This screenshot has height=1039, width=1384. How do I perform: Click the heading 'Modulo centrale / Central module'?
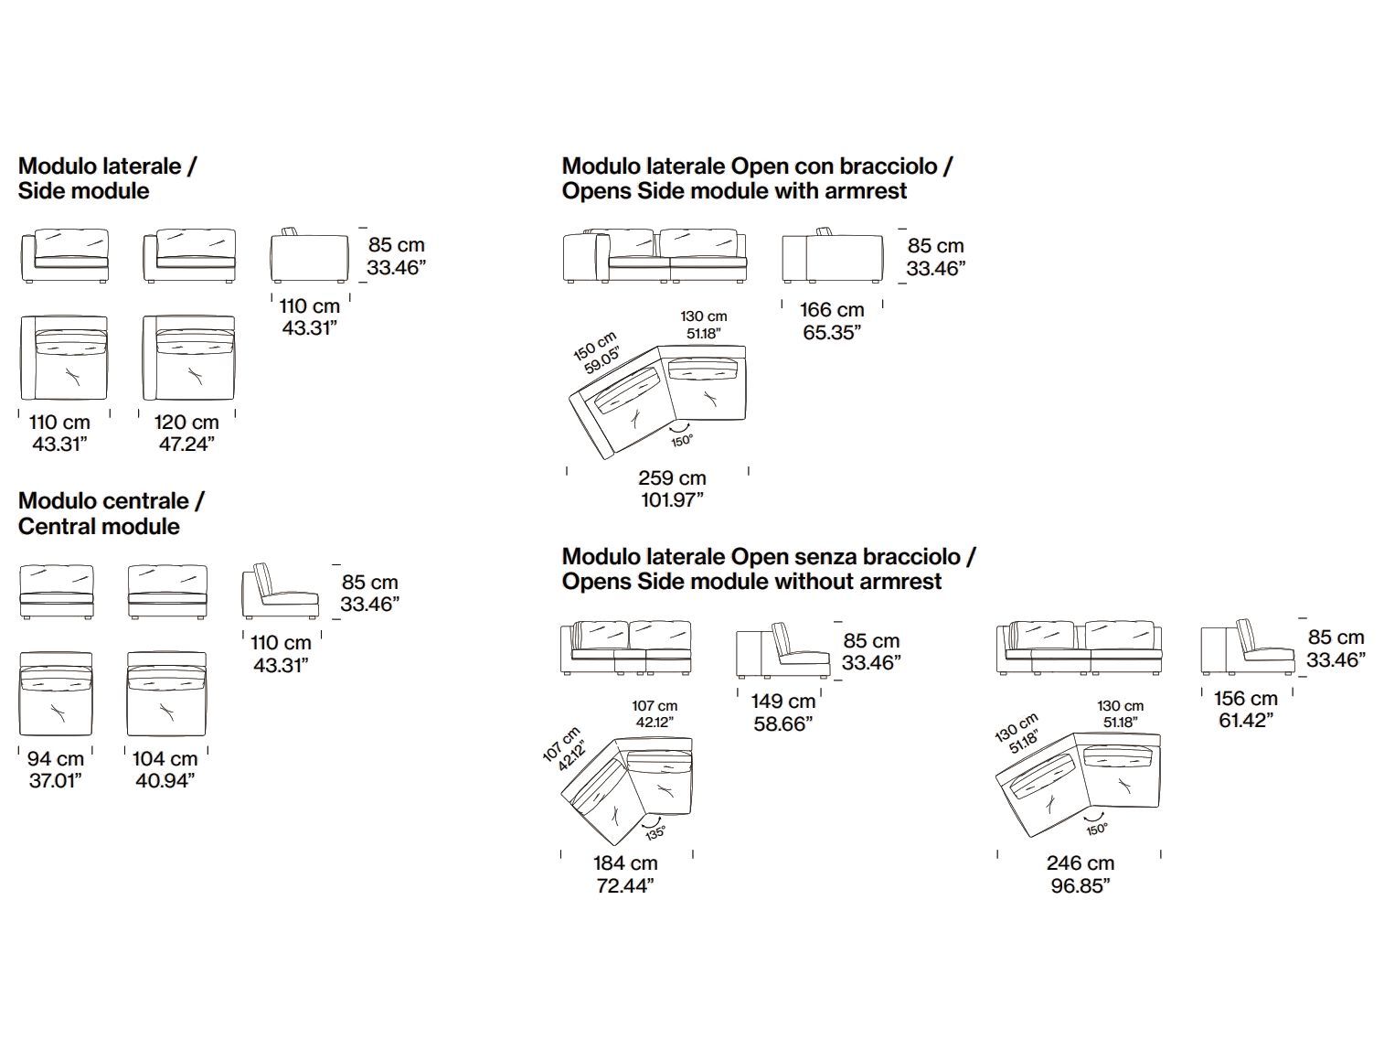tap(112, 513)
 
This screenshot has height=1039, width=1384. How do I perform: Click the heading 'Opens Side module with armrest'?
tap(734, 191)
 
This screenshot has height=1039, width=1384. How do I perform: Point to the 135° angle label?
tap(655, 832)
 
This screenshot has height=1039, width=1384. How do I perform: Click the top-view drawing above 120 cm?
tap(189, 359)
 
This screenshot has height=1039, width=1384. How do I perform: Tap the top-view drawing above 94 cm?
tap(56, 694)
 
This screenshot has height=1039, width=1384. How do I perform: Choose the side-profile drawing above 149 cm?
tap(782, 651)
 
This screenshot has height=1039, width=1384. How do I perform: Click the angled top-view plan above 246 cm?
tap(1077, 782)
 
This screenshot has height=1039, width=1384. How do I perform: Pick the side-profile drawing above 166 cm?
tap(832, 257)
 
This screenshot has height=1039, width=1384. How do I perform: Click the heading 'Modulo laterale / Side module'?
tap(107, 178)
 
